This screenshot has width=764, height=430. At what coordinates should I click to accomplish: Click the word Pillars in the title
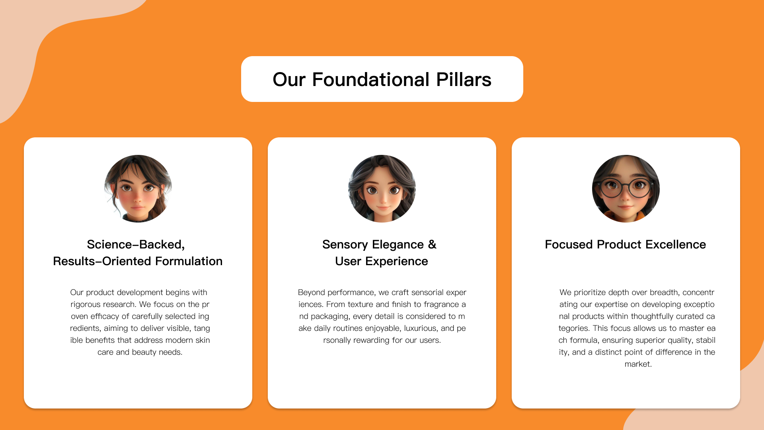tap(464, 80)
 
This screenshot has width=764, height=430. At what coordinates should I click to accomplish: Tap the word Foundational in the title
tap(371, 80)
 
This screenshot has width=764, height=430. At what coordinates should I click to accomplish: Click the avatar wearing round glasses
tap(626, 189)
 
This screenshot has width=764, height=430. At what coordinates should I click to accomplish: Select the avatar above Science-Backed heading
tap(138, 189)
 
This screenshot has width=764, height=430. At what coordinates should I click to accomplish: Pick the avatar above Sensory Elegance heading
tap(382, 189)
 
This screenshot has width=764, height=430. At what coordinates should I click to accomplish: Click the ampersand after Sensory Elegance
tap(432, 244)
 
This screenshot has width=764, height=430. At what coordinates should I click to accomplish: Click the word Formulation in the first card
tap(189, 261)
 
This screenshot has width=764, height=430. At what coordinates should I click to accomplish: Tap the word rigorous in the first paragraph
tap(86, 305)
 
